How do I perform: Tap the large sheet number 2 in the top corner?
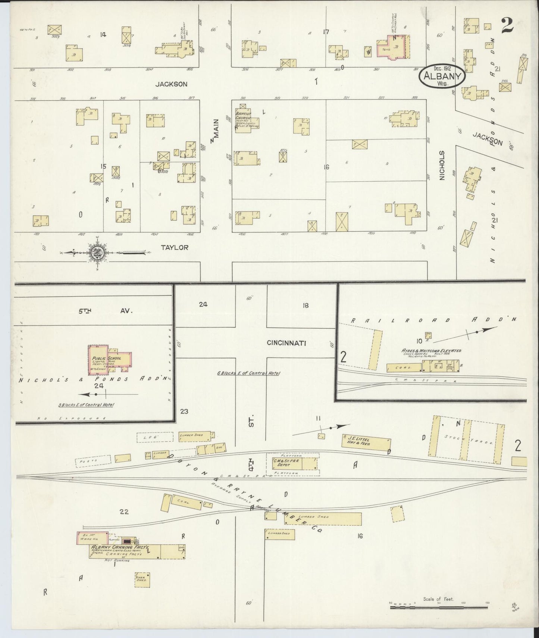[x=508, y=25]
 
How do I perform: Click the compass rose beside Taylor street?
[x=96, y=253]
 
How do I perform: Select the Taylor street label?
[x=175, y=247]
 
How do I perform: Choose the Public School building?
[x=109, y=360]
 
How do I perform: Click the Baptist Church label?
[x=242, y=116]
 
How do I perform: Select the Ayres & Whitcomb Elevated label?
[x=435, y=351]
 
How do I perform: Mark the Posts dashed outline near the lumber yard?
[x=93, y=461]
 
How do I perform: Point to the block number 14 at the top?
[x=103, y=35]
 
